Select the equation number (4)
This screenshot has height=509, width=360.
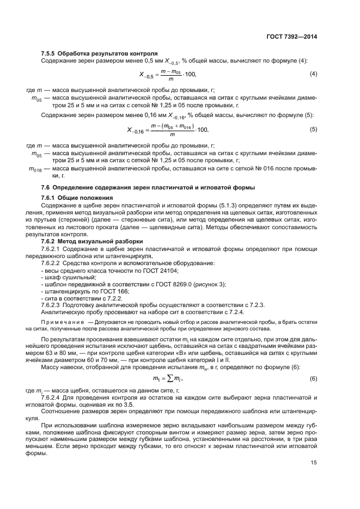click(x=313, y=74)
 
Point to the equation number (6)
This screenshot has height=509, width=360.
click(x=313, y=378)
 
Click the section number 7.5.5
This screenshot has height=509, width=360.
click(x=51, y=54)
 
